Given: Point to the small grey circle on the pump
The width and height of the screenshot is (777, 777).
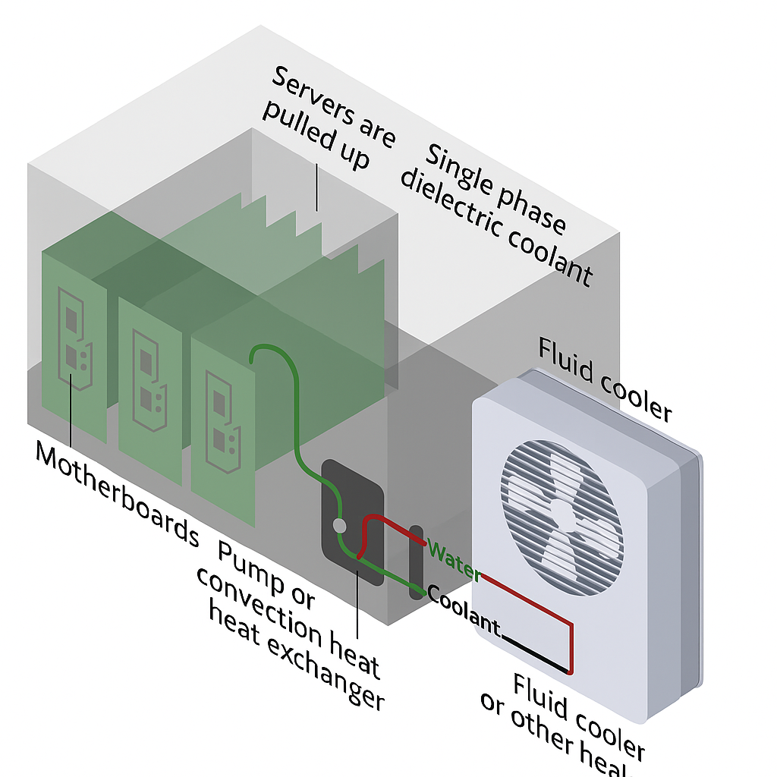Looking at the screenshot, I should [x=340, y=525].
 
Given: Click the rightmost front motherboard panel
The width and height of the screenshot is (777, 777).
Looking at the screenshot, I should [x=223, y=425].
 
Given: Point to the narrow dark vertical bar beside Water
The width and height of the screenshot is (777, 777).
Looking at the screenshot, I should [x=416, y=562].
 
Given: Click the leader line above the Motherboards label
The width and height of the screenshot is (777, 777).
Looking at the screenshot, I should [x=71, y=410].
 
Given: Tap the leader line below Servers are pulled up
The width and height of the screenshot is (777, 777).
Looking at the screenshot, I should [x=316, y=188].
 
